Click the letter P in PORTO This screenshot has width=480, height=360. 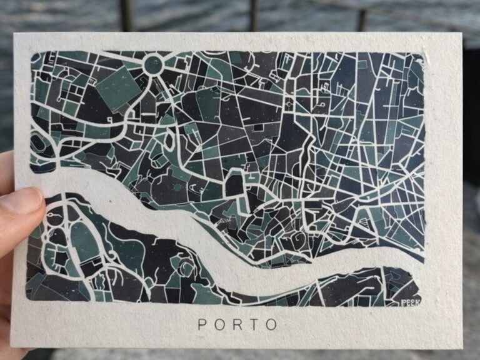202,324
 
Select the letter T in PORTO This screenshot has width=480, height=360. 254,324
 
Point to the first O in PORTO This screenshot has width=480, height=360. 219,324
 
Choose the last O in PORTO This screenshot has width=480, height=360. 271,324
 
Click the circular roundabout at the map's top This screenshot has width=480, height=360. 153,64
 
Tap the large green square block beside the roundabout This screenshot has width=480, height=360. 117,87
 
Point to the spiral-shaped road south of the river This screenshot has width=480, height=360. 186,269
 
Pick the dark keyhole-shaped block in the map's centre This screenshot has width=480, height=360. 234,184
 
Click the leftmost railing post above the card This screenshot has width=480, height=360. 127,15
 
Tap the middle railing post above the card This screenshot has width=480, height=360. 252,15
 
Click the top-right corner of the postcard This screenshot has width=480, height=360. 461,34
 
